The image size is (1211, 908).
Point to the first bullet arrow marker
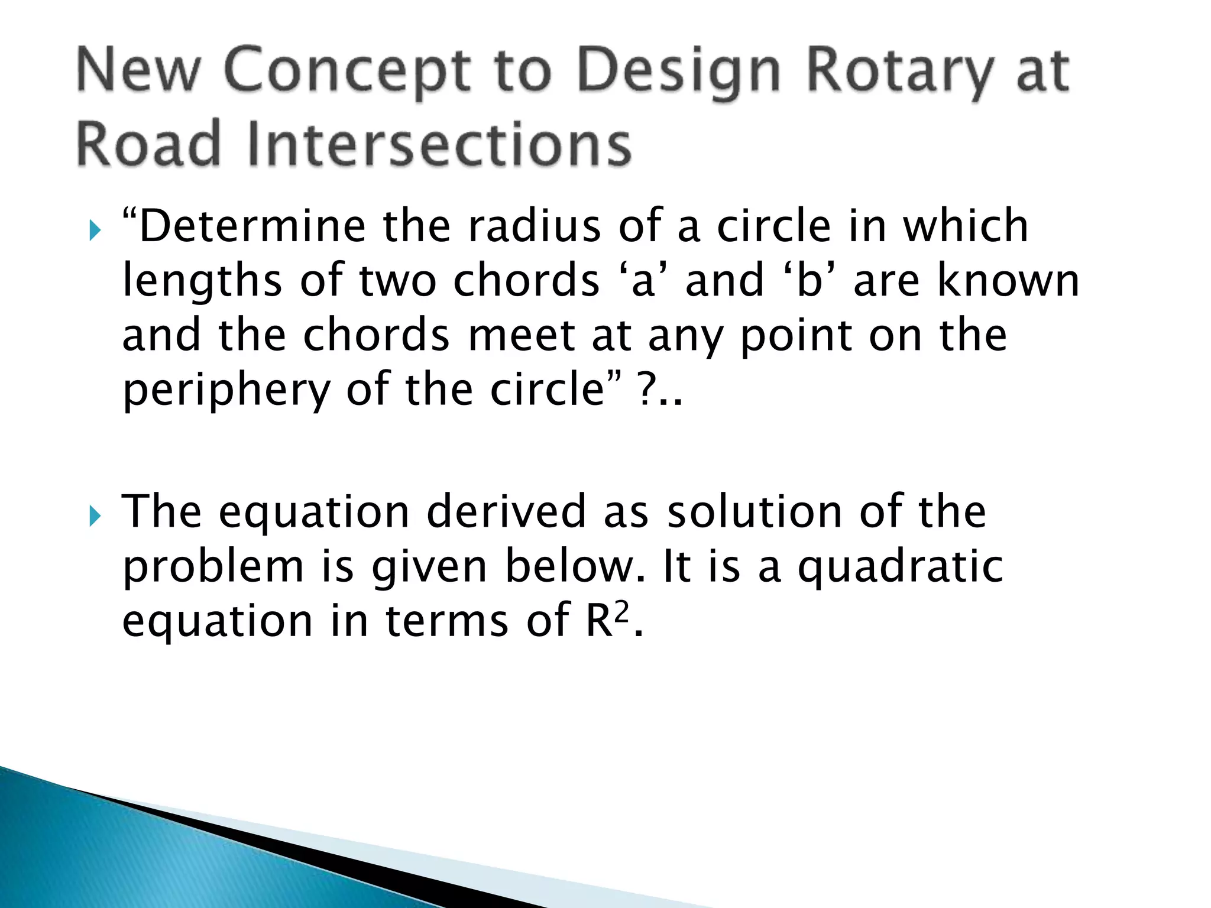(95, 231)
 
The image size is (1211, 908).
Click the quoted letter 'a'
(643, 280)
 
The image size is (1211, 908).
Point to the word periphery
(225, 390)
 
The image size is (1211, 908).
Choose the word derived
(506, 511)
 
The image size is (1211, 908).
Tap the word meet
(521, 335)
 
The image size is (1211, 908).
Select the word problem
(213, 566)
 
